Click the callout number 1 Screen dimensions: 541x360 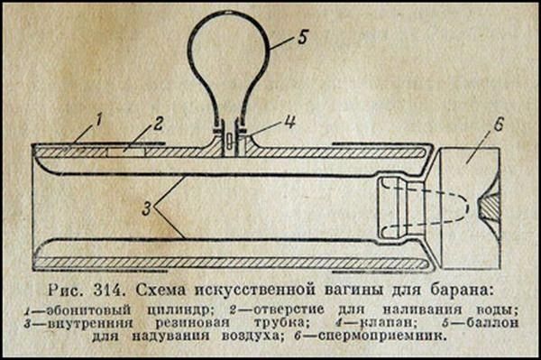pos(98,121)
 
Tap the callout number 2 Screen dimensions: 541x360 pos(158,124)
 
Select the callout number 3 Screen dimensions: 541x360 pos(147,208)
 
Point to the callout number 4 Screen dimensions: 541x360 pos(290,122)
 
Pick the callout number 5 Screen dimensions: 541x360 pos(303,37)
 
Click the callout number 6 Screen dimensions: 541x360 pos(499,125)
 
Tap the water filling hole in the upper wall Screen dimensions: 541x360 pos(126,152)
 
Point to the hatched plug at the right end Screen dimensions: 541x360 pos(490,207)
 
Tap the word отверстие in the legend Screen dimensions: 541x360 pos(289,309)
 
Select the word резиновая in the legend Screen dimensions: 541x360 pos(192,323)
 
